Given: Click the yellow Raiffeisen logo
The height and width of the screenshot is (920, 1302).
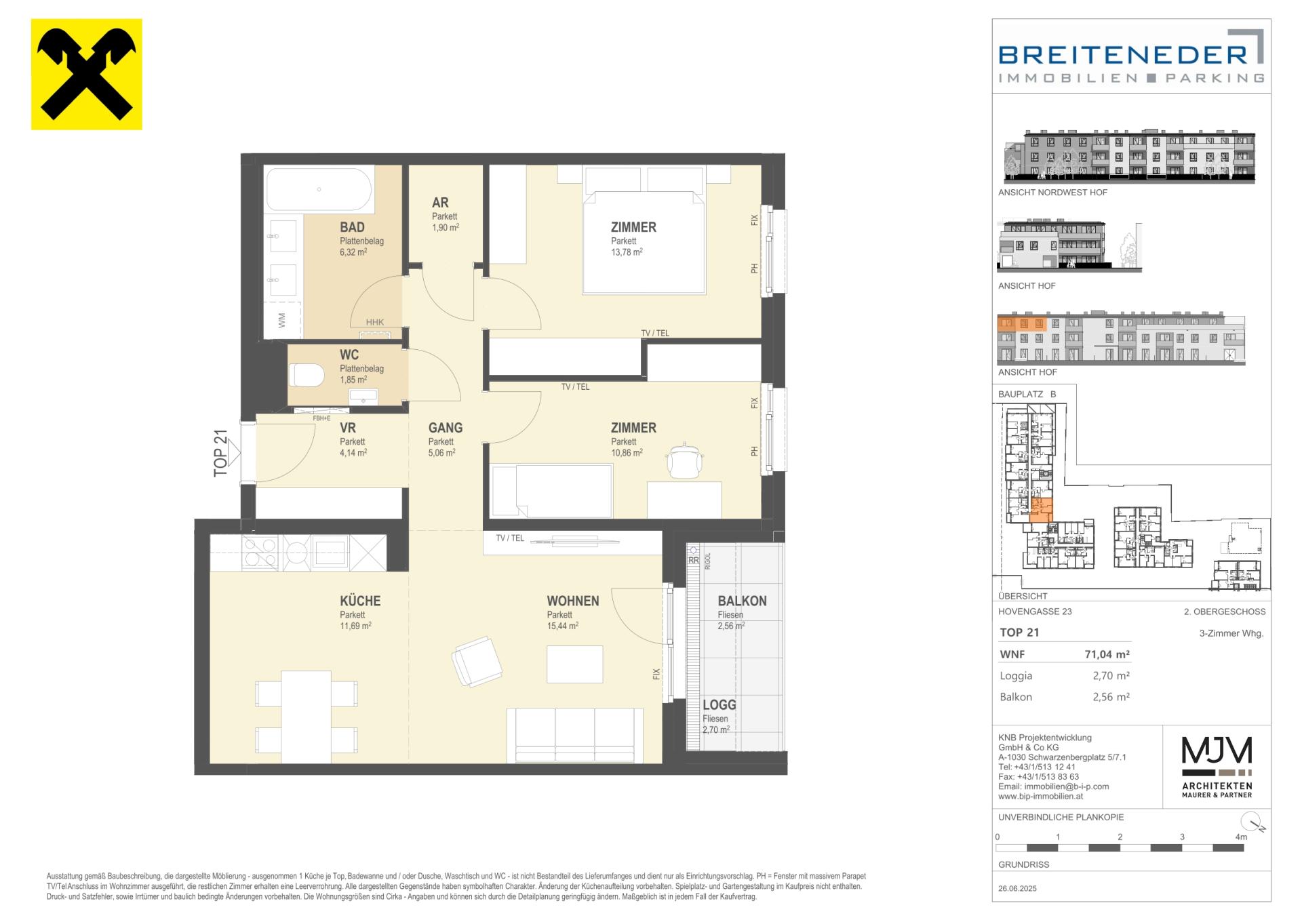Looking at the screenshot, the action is [x=87, y=75].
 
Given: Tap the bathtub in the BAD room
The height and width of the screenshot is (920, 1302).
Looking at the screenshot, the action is [x=319, y=190].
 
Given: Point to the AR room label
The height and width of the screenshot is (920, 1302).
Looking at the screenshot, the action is [x=440, y=202].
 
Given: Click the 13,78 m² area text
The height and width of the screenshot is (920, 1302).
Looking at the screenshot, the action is [x=627, y=252].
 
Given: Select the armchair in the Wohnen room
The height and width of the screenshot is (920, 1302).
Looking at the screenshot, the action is [x=477, y=661].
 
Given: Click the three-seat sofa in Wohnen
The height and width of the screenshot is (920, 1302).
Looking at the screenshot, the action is [x=575, y=736].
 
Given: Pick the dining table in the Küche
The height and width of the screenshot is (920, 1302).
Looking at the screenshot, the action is [x=307, y=717].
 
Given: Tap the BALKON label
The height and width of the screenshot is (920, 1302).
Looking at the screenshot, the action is [x=743, y=601].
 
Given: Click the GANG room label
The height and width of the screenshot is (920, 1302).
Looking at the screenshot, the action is [x=446, y=428].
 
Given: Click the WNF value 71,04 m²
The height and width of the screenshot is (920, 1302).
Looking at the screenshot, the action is [x=1107, y=654].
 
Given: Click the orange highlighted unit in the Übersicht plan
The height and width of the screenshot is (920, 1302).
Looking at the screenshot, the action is [x=1042, y=510].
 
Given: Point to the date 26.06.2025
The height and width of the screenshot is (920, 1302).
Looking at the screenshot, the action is [x=1018, y=888].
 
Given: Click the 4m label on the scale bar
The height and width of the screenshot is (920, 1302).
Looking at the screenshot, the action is [x=1241, y=837].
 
